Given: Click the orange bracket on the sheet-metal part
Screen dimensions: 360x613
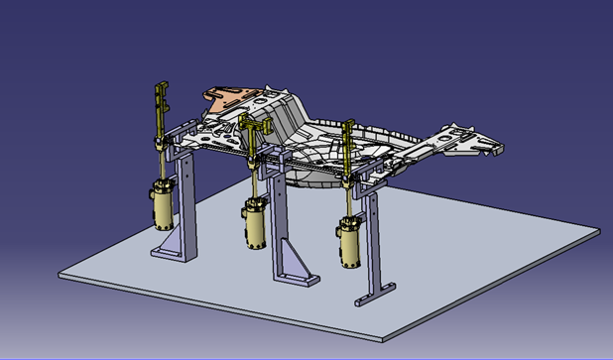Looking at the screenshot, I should [x=229, y=96].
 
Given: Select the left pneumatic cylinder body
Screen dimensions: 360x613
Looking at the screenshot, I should [x=162, y=205].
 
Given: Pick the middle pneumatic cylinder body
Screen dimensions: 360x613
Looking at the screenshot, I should [x=254, y=224].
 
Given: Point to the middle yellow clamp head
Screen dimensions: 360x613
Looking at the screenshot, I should [x=254, y=123].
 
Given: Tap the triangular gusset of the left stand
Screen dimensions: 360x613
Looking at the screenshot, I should [x=172, y=239].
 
